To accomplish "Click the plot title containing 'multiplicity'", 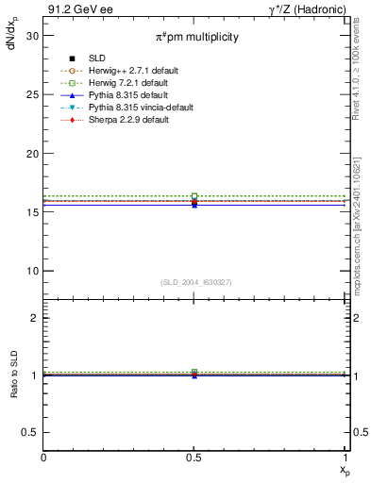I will tap(197, 36).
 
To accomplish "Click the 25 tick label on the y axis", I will tap(32, 94).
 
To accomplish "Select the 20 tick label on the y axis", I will tap(32, 154).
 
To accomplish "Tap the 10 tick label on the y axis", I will tap(32, 272).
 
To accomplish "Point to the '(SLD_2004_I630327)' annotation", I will tap(195, 282).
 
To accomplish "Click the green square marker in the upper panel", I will tap(194, 196).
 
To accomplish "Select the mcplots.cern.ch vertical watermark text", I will tap(359, 236).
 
